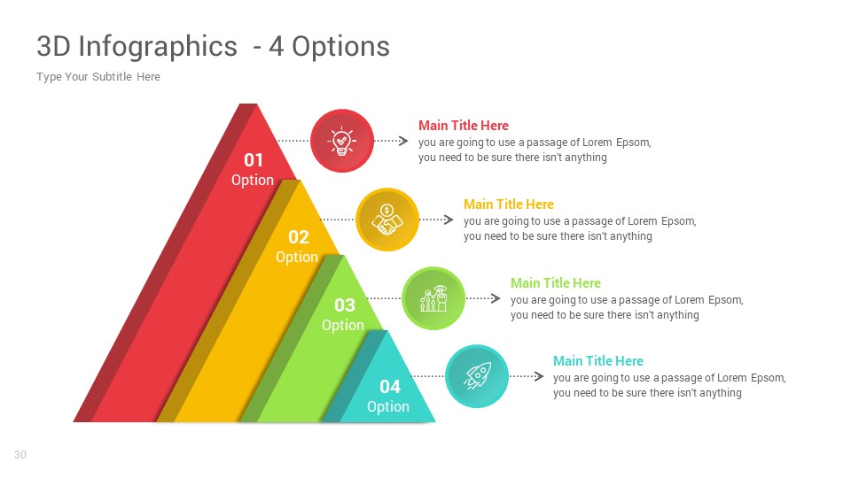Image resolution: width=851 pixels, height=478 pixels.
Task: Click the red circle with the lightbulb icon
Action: tap(342, 141)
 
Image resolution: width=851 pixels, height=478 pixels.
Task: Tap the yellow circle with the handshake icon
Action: tap(387, 220)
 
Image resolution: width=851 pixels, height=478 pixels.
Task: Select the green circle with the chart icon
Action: tap(433, 298)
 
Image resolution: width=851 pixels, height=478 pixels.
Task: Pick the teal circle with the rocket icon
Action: tap(477, 376)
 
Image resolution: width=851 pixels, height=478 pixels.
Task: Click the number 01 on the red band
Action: tap(254, 160)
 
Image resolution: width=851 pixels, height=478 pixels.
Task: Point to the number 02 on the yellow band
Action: tap(298, 237)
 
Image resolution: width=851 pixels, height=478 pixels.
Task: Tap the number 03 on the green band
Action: tap(344, 305)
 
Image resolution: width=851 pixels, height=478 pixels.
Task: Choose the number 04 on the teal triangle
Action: tap(390, 387)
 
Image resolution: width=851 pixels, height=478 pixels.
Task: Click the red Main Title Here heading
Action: tap(464, 126)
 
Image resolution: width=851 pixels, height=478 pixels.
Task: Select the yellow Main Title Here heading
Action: tap(509, 204)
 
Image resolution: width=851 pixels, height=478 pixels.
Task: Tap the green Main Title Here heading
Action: tap(556, 283)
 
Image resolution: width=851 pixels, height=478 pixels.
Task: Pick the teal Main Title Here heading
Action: tap(598, 361)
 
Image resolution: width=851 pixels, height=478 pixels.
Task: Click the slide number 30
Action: tap(20, 455)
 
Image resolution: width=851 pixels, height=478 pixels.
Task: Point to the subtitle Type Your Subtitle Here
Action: tap(98, 77)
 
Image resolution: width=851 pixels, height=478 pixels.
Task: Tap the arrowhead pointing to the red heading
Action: tap(403, 141)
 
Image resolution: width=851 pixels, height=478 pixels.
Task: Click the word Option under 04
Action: tap(388, 407)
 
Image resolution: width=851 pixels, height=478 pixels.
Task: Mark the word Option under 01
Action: tap(253, 181)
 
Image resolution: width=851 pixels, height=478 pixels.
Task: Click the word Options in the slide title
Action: tap(340, 46)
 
